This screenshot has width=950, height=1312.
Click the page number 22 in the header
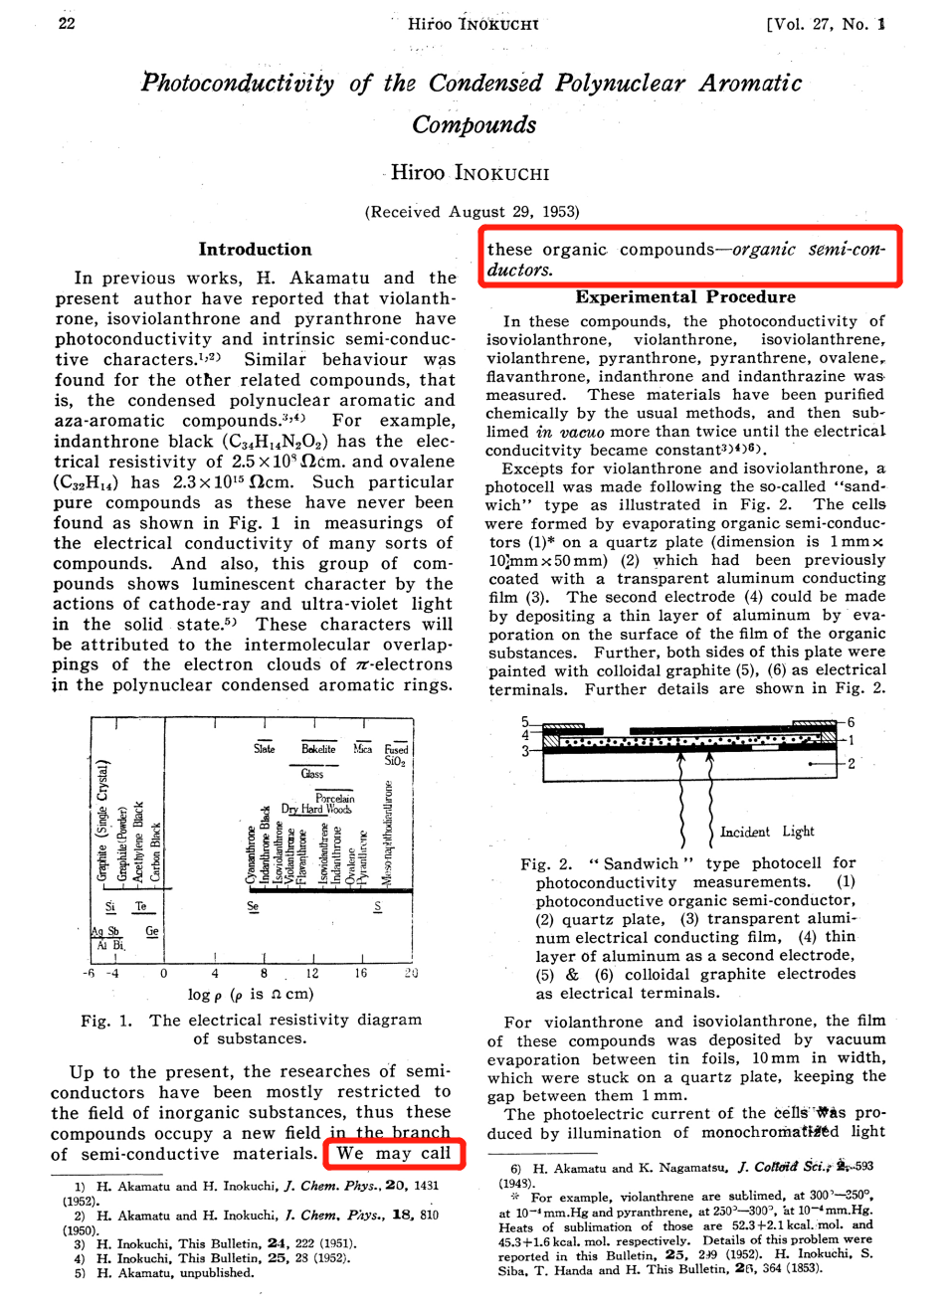67,23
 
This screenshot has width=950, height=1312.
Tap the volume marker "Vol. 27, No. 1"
825,24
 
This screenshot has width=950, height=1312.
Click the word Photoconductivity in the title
238,83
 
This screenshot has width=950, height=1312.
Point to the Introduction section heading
255,249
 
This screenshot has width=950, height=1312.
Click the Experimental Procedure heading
684,296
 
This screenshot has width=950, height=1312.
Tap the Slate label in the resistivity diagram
264,748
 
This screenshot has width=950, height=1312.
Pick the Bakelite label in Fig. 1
318,748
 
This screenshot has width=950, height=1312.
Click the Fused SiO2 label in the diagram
396,755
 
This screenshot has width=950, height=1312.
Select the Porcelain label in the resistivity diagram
334,798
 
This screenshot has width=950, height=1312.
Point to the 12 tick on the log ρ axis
312,973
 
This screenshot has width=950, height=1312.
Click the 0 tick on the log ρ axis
164,973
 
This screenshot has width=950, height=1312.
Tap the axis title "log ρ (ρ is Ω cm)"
250,994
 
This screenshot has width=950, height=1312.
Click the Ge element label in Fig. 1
152,931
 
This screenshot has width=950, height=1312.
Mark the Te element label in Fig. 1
141,906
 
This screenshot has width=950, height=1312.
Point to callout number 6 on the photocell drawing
851,722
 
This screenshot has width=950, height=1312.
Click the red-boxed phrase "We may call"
394,1153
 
